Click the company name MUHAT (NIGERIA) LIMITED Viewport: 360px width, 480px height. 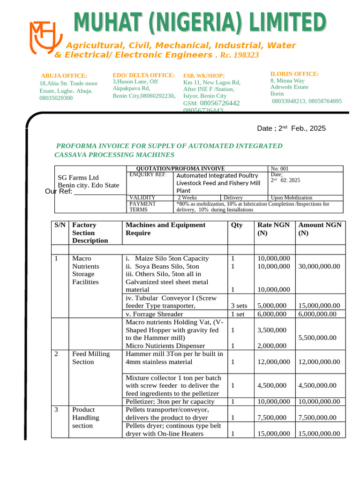(x=200, y=23)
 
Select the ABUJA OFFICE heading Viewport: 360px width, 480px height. (x=64, y=75)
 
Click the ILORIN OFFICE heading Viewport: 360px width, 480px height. (x=294, y=74)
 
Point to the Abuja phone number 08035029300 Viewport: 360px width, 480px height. (x=56, y=98)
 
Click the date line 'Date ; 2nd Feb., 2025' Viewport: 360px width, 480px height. (x=291, y=128)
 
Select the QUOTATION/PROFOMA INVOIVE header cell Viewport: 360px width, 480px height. (x=180, y=169)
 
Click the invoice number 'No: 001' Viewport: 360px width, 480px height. (x=280, y=169)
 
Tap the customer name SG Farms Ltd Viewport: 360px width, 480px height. (x=78, y=178)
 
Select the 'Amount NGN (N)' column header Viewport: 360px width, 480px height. (x=320, y=229)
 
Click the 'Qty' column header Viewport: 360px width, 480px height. (x=237, y=225)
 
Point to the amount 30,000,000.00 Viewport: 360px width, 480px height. (x=319, y=266)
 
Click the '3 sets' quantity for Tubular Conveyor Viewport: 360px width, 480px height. (x=239, y=306)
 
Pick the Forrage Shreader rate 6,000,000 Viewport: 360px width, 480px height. (x=272, y=314)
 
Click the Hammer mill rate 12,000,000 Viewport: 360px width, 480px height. (x=274, y=362)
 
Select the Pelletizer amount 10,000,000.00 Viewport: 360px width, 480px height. (x=319, y=402)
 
